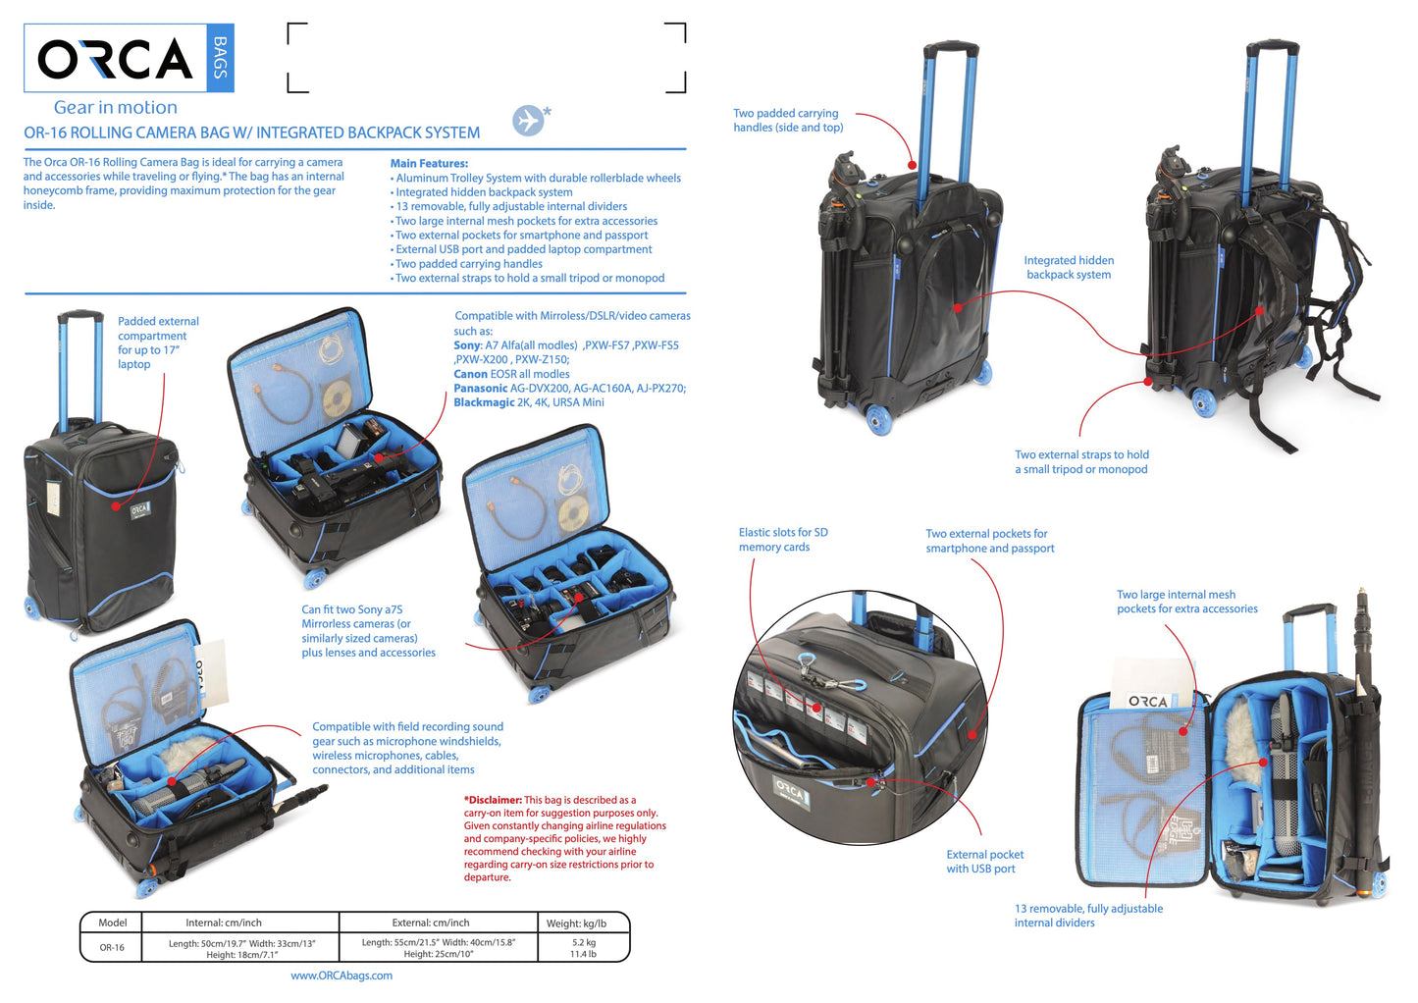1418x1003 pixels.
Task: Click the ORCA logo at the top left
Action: coord(116,59)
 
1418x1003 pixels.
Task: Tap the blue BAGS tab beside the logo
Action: coord(221,58)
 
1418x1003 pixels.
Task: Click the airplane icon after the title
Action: coord(528,120)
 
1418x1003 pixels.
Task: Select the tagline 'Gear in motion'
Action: coord(116,107)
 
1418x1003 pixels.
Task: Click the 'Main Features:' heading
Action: coord(429,164)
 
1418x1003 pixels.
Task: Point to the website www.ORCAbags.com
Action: coord(341,976)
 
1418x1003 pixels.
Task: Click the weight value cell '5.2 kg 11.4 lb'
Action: coord(584,948)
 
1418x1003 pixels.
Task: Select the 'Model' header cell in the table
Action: coord(113,923)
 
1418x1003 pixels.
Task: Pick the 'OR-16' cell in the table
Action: coord(112,948)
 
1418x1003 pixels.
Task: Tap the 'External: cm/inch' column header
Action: coord(431,923)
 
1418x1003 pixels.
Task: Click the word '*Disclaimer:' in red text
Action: coord(493,800)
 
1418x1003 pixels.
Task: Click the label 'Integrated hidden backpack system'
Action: coord(1069,267)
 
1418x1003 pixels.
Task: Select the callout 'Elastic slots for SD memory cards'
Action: coord(783,540)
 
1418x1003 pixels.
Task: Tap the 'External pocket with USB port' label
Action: coord(984,862)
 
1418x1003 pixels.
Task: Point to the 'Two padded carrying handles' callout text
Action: coord(788,120)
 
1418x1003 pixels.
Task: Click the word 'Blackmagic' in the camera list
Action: coord(484,402)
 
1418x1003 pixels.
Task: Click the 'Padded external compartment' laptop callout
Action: coord(158,342)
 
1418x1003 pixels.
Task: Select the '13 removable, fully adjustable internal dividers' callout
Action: coord(1088,916)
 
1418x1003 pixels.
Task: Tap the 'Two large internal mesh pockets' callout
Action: coord(1186,602)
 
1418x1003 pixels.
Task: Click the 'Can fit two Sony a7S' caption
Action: coord(368,630)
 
